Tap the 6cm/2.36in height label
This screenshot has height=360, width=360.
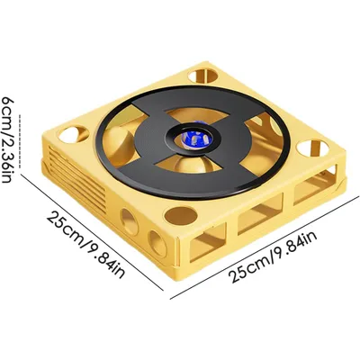8,139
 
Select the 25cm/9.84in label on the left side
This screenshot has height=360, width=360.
85,244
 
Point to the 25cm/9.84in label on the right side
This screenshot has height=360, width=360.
273,257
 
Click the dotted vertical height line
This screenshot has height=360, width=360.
21,141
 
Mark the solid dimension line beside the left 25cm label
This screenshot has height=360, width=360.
92,231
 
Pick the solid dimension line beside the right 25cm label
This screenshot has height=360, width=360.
265,248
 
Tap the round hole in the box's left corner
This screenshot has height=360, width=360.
74,135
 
